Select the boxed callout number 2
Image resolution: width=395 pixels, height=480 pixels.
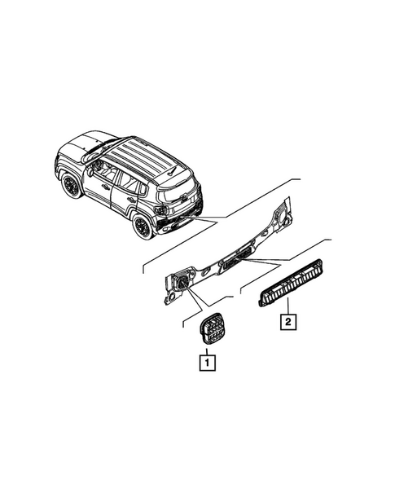click(x=287, y=321)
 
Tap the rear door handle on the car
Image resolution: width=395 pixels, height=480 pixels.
click(x=131, y=198)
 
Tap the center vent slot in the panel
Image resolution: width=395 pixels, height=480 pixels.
click(x=238, y=262)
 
